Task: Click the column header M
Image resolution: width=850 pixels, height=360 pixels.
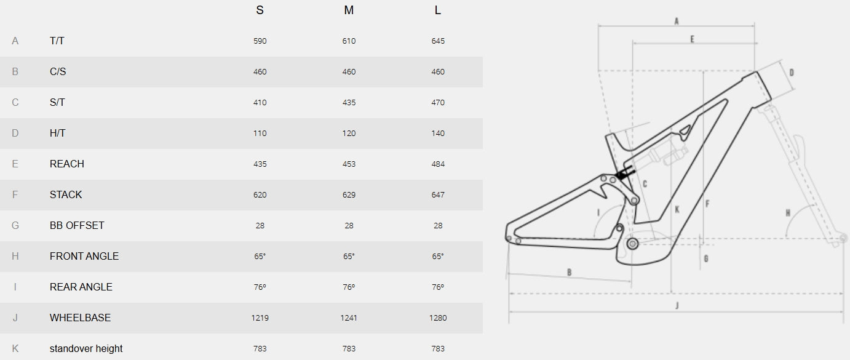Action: pyautogui.click(x=349, y=10)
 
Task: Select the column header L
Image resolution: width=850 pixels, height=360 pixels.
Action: pyautogui.click(x=437, y=10)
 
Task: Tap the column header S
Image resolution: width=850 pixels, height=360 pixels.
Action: pyautogui.click(x=260, y=10)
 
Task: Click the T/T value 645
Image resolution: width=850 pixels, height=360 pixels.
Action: pyautogui.click(x=438, y=41)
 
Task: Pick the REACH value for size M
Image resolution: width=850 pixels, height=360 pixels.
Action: pyautogui.click(x=349, y=164)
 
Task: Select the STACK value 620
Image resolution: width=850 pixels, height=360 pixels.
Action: pyautogui.click(x=260, y=195)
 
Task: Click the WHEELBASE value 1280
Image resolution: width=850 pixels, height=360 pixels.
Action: pyautogui.click(x=438, y=318)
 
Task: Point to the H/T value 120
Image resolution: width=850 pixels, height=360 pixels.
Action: pyautogui.click(x=349, y=134)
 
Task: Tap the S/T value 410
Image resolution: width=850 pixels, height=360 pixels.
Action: pyautogui.click(x=260, y=103)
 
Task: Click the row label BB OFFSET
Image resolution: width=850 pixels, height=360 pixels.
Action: pyautogui.click(x=77, y=226)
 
